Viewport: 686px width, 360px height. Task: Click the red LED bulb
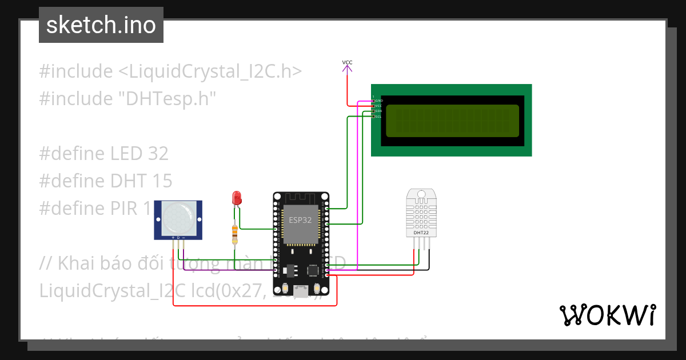[236, 198]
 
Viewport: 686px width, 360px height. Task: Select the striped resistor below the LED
[234, 233]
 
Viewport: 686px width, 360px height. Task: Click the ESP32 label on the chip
[300, 220]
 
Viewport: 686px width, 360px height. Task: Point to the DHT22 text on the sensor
[421, 233]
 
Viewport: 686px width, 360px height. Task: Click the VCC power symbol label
[347, 62]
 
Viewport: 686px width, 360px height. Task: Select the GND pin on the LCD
[378, 101]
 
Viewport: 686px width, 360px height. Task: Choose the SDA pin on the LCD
[378, 111]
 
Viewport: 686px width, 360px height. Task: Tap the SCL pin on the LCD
[378, 117]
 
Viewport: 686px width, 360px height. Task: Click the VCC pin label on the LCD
[378, 106]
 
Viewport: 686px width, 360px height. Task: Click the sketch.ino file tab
[101, 25]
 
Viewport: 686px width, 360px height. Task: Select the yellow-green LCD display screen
[452, 121]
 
